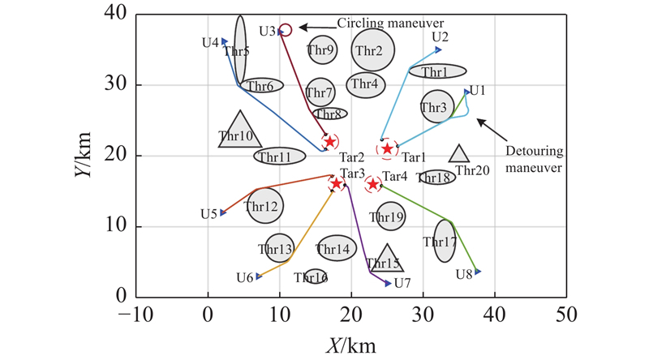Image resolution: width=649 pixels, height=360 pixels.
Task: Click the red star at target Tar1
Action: pos(388,148)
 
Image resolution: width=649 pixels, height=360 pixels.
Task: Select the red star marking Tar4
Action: pos(373,184)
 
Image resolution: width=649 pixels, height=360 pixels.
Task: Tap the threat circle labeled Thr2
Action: pos(373,50)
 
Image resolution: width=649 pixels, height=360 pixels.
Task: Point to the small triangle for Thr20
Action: pos(459,154)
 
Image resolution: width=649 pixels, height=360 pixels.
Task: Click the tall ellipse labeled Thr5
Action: pos(240,49)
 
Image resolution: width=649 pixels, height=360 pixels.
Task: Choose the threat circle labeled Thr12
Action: pos(262,207)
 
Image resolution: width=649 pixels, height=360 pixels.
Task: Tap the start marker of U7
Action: pos(388,283)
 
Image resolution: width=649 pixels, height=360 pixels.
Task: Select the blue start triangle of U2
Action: pos(438,49)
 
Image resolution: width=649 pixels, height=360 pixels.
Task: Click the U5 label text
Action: pos(208,214)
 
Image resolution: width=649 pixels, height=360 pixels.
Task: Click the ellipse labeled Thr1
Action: pos(437,71)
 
